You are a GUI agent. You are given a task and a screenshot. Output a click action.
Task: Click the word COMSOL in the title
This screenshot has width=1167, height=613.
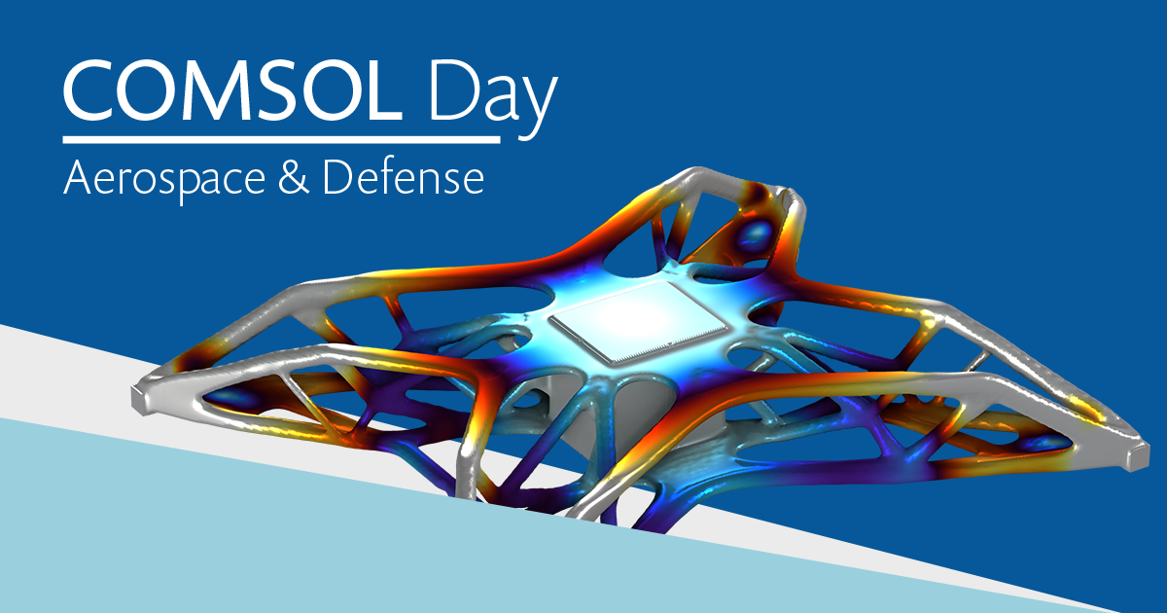pos(232,90)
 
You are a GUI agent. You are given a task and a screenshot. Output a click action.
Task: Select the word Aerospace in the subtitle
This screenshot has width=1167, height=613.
pos(164,180)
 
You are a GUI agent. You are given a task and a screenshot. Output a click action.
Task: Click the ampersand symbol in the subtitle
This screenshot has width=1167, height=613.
pos(294,177)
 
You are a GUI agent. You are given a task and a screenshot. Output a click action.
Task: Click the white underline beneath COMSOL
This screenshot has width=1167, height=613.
pos(281,139)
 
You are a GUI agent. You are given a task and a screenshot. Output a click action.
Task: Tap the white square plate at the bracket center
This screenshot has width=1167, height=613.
pos(638,322)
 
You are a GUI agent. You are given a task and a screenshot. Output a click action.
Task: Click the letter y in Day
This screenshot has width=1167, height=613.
pos(538,107)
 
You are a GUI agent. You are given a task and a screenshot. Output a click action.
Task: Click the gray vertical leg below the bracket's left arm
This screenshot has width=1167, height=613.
pos(468,469)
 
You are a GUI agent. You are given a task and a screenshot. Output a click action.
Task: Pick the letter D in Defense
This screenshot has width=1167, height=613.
pos(338,177)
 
